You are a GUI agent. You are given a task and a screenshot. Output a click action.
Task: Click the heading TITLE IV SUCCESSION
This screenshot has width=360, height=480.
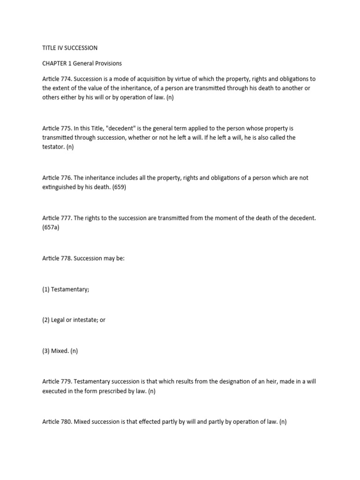coord(70,48)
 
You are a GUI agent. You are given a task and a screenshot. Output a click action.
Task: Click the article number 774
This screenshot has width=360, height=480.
coord(67,79)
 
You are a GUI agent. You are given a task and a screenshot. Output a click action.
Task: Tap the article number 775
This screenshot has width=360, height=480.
coord(67,128)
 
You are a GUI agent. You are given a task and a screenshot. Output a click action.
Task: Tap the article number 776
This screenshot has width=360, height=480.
coord(67,178)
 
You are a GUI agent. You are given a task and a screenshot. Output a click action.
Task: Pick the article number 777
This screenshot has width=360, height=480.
coord(67,218)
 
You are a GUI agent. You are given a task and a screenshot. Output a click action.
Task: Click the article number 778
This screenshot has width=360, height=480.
coord(67,258)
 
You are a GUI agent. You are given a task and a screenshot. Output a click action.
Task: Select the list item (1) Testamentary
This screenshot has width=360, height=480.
coord(66,289)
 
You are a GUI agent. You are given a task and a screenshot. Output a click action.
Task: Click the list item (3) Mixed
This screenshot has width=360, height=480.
coord(60,351)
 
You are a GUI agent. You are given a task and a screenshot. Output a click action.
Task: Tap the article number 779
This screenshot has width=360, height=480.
coord(67,382)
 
